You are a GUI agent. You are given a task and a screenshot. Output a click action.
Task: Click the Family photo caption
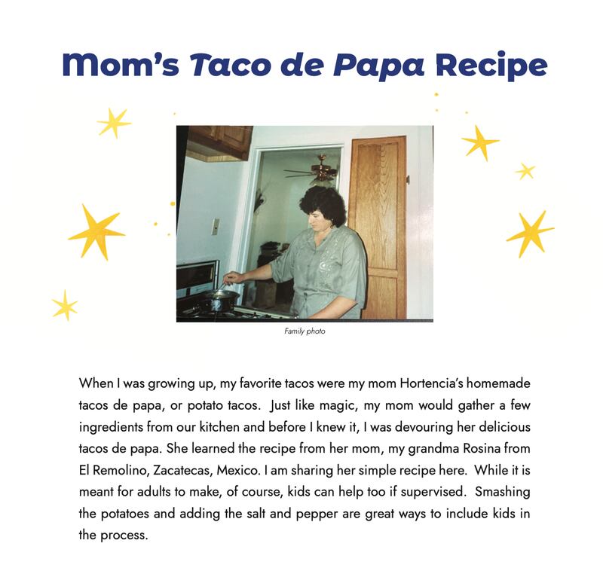(305, 331)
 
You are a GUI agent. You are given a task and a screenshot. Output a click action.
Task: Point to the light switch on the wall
(216, 227)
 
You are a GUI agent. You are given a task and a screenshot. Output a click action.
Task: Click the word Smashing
(502, 493)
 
